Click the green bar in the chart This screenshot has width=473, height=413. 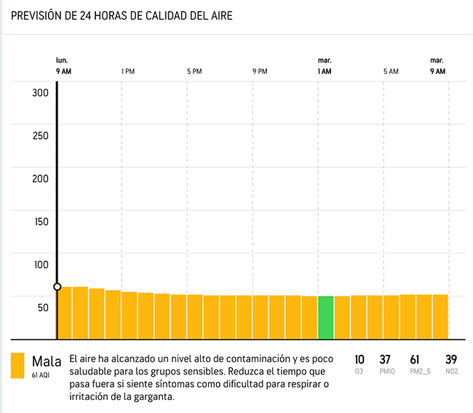pyautogui.click(x=325, y=317)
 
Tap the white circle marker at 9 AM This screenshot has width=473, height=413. pyautogui.click(x=57, y=286)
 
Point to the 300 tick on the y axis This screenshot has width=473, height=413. pyautogui.click(x=40, y=92)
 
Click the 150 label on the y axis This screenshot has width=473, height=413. pyautogui.click(x=40, y=221)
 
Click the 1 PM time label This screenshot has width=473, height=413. pyautogui.click(x=128, y=71)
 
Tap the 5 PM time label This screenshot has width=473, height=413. pyautogui.click(x=194, y=71)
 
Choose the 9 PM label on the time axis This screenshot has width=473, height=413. pyautogui.click(x=260, y=71)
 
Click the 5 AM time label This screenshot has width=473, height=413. pyautogui.click(x=391, y=71)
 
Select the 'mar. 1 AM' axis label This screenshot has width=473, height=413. pyautogui.click(x=325, y=65)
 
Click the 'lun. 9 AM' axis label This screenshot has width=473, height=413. pyautogui.click(x=63, y=65)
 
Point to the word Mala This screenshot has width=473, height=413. pyautogui.click(x=47, y=361)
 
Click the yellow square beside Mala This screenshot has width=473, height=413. pyautogui.click(x=18, y=366)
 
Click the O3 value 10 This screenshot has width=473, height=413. pyautogui.click(x=359, y=359)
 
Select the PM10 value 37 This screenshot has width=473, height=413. pyautogui.click(x=386, y=359)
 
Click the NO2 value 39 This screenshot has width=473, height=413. pyautogui.click(x=451, y=359)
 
